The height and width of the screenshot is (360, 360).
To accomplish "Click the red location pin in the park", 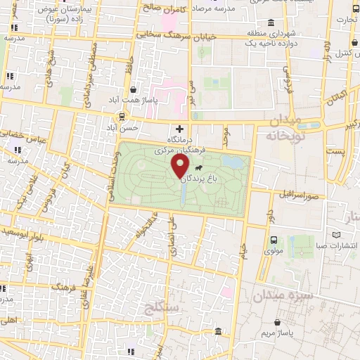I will pos(180,167).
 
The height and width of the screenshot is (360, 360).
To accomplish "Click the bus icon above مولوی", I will pos(274,239).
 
